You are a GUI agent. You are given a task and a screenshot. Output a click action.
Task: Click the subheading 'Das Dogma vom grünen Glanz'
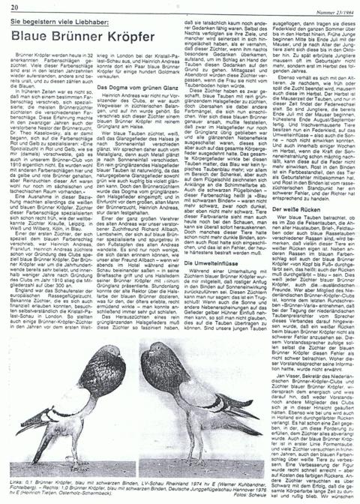click(x=143, y=88)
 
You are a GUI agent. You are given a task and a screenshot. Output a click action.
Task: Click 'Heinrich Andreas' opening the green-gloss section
click(x=121, y=97)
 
